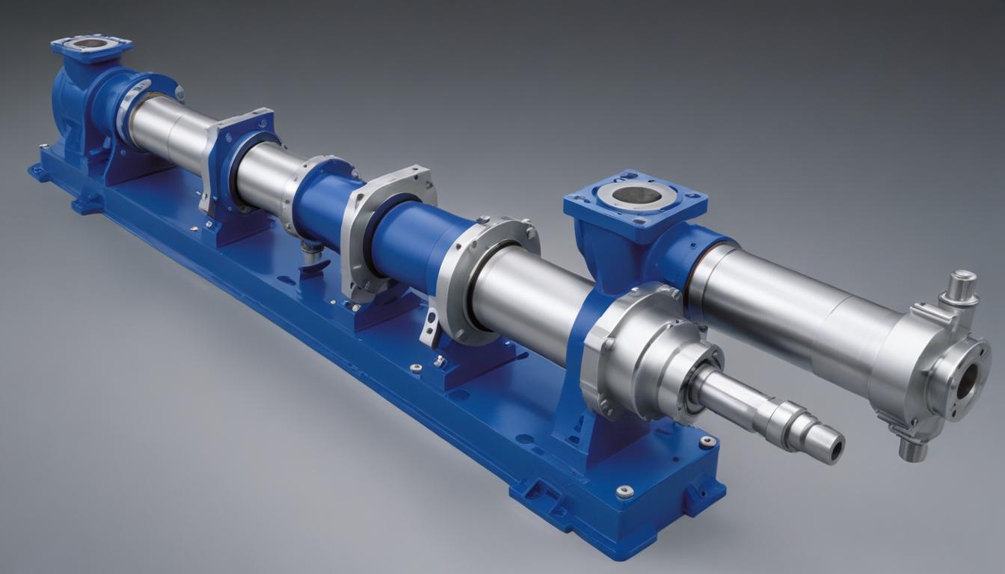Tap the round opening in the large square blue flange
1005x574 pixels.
click(x=636, y=196)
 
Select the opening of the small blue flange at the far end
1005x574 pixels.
click(x=90, y=43)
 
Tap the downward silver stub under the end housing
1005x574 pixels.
click(x=912, y=448)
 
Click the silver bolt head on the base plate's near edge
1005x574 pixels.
click(x=624, y=491)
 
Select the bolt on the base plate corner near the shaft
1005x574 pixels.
click(x=706, y=442)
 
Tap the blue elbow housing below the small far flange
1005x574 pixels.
click(x=82, y=97)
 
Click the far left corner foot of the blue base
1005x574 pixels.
click(x=37, y=172)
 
